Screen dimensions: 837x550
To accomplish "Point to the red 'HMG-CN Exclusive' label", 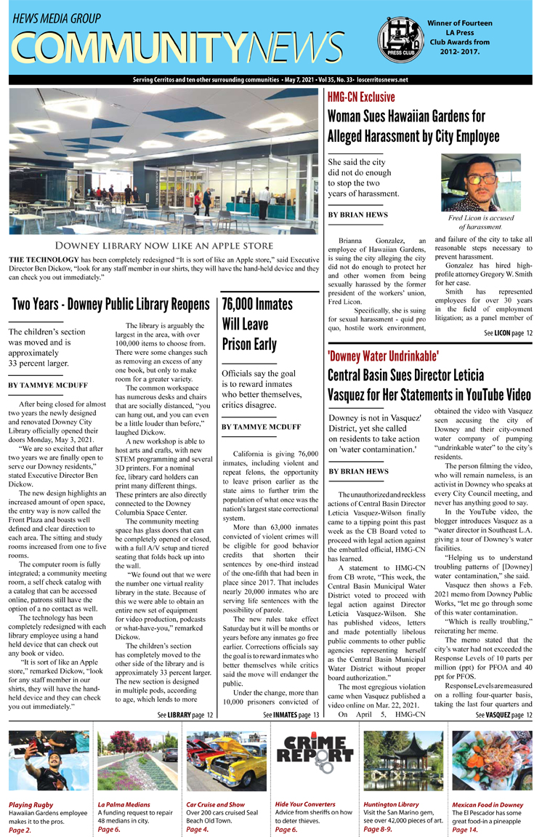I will pos(361,97).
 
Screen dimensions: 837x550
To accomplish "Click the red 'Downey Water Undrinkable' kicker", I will pos(383,356).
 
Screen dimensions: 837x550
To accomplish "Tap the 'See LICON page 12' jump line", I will pos(508,333).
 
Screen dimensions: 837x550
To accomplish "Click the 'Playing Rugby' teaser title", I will pos(31,805).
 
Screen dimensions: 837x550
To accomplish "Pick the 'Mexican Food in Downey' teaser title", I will pos(487,805).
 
